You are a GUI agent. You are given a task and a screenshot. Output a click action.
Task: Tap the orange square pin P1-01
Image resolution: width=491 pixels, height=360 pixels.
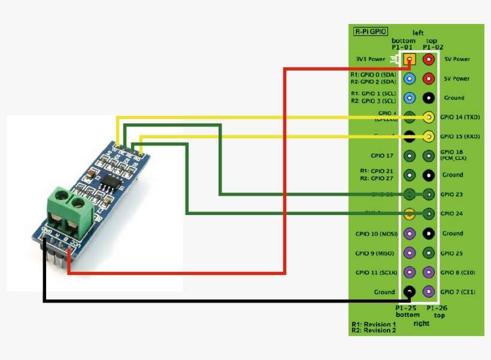pyautogui.click(x=410, y=59)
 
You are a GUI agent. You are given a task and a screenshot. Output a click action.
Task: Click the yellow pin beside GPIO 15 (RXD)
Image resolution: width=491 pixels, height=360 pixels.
pyautogui.click(x=429, y=137)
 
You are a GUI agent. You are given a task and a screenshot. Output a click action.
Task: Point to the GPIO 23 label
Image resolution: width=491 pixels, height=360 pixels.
pyautogui.click(x=452, y=195)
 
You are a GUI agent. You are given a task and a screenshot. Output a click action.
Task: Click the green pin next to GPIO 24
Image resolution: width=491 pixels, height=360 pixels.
pyautogui.click(x=429, y=214)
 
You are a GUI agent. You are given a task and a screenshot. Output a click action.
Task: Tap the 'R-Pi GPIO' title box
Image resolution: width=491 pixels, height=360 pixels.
pyautogui.click(x=370, y=31)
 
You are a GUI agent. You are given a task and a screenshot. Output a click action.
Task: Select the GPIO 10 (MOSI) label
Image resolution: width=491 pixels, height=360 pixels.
pyautogui.click(x=375, y=234)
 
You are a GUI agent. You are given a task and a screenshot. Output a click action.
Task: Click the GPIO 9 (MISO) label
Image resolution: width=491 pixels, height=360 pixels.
pyautogui.click(x=375, y=253)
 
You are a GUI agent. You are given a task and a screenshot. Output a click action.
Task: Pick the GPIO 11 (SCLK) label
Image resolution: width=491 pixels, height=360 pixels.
pyautogui.click(x=375, y=273)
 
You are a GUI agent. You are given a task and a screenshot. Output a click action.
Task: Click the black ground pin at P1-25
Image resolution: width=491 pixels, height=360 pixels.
pyautogui.click(x=410, y=292)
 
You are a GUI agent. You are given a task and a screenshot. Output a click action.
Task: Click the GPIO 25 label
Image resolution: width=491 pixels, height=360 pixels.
pyautogui.click(x=452, y=253)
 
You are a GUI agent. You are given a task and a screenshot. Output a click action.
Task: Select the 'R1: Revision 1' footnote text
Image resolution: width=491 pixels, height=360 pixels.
pyautogui.click(x=374, y=323)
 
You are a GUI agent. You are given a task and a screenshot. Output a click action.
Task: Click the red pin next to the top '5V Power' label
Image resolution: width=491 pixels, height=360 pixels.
pyautogui.click(x=429, y=59)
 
